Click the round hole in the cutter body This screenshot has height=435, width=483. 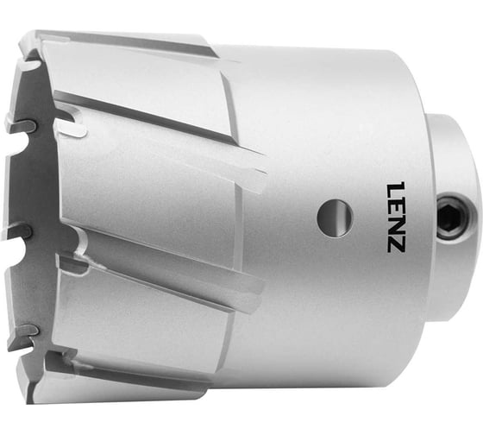(x=334, y=217)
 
